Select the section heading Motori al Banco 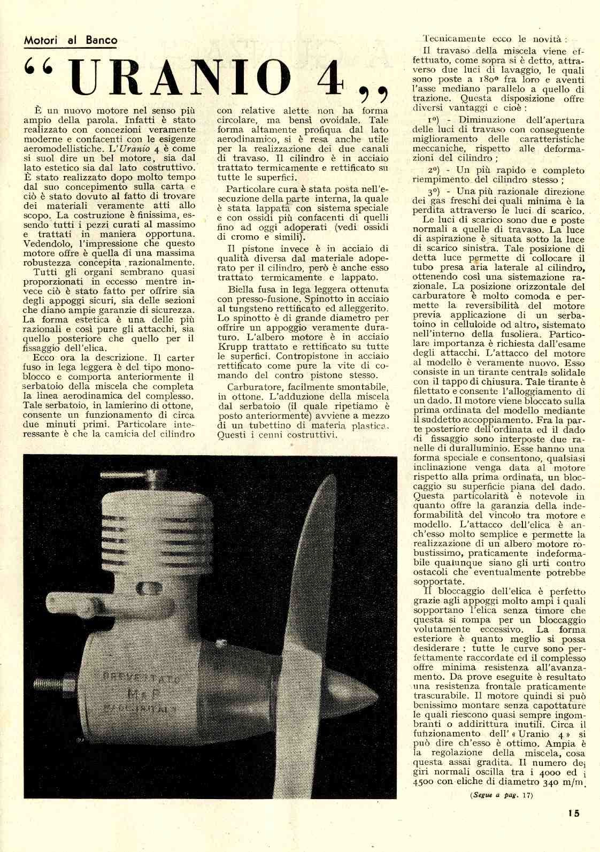(70, 40)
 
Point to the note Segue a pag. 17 (502, 795)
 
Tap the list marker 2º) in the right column (433, 171)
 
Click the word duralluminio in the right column (464, 449)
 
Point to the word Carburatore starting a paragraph (254, 387)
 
